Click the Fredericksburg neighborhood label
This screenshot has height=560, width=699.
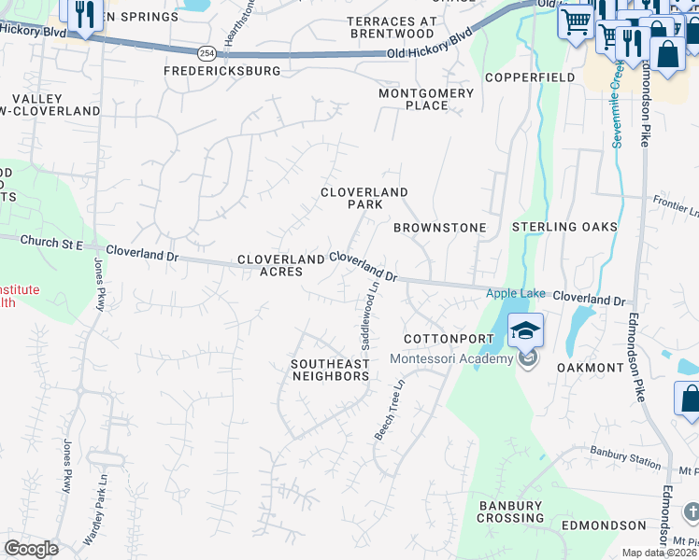pyautogui.click(x=222, y=71)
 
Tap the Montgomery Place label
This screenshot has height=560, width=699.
pyautogui.click(x=426, y=99)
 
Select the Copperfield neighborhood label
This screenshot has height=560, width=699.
pyautogui.click(x=529, y=77)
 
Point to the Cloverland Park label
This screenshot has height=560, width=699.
pyautogui.click(x=364, y=198)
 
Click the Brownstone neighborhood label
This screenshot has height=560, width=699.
pyautogui.click(x=439, y=228)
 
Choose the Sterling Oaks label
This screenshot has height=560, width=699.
pyautogui.click(x=564, y=228)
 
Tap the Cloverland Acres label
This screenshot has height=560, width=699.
pyautogui.click(x=270, y=265)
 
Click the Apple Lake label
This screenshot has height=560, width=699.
pyautogui.click(x=515, y=294)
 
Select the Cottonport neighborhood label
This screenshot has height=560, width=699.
pyautogui.click(x=441, y=338)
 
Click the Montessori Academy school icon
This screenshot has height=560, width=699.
pyautogui.click(x=525, y=330)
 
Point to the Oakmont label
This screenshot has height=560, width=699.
pyautogui.click(x=590, y=368)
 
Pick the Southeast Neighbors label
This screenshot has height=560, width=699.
pyautogui.click(x=330, y=370)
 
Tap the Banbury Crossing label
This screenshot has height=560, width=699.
pyautogui.click(x=510, y=511)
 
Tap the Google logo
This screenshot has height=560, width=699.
pyautogui.click(x=30, y=549)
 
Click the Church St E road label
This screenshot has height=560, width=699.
pyautogui.click(x=52, y=243)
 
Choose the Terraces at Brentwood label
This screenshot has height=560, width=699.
pyautogui.click(x=391, y=27)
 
